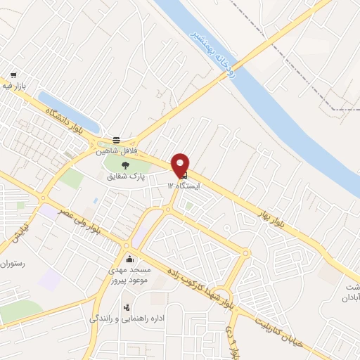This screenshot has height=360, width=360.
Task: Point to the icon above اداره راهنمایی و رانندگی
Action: point(127,307)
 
